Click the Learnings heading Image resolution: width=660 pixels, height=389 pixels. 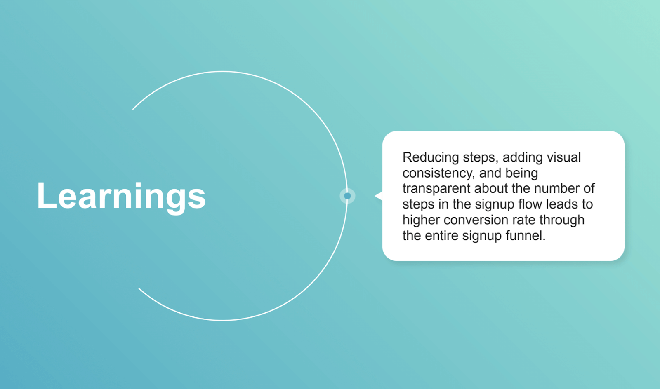121,197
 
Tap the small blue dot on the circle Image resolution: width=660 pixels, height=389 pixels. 347,196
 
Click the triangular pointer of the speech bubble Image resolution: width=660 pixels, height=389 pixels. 378,196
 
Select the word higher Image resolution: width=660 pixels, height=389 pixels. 421,220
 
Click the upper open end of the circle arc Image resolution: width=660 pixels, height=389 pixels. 133,109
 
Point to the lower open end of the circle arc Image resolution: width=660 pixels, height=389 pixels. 139,288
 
